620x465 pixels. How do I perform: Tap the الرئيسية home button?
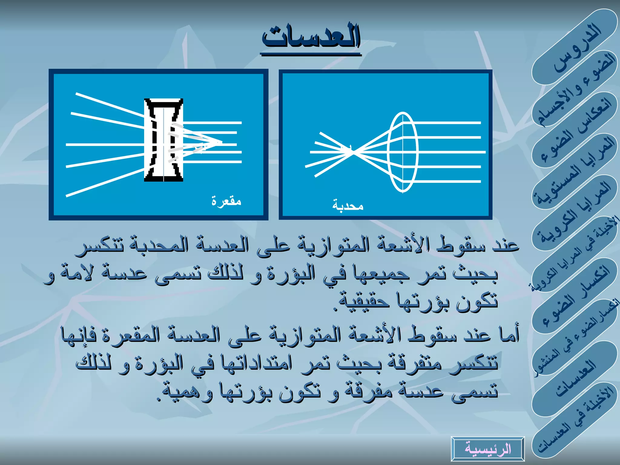click(x=488, y=449)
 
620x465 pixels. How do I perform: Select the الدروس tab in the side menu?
click(x=577, y=48)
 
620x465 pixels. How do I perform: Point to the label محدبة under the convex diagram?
click(x=348, y=206)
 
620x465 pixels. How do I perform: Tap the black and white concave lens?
click(x=163, y=140)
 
